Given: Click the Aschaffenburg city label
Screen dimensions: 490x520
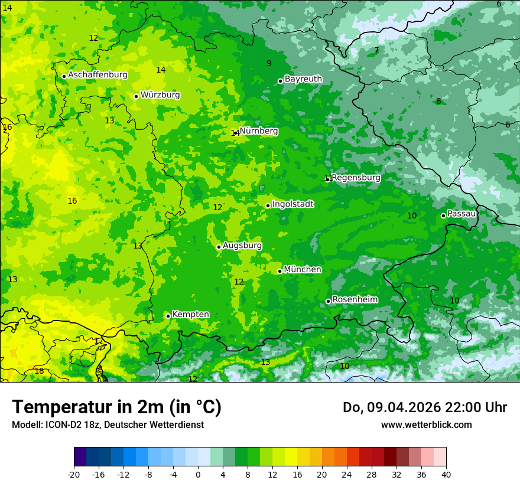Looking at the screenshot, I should point(97,75).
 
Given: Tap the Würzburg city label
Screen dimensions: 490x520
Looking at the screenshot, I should point(160,95).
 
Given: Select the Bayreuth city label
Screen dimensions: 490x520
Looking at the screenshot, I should point(303,79).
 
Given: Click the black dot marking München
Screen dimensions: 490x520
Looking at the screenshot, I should point(279,271).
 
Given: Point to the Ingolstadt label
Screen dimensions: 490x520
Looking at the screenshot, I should point(292,204).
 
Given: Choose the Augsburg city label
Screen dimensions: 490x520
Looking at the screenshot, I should point(242,246).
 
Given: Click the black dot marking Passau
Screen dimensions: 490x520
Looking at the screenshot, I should point(443,215).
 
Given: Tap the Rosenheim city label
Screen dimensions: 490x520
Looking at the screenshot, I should point(355,300).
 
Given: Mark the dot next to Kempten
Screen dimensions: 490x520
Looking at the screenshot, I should point(168,316).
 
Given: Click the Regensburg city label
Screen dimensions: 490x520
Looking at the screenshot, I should point(356,178).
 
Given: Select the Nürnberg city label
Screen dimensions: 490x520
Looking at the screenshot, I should point(259,131).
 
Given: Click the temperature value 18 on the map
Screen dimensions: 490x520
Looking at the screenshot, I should point(39,371).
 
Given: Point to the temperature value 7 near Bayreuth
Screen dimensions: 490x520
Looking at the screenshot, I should point(376,51).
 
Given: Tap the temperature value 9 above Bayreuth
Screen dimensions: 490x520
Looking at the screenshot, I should point(269,64).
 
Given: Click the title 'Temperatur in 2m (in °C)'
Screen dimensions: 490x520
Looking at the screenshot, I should point(116,407).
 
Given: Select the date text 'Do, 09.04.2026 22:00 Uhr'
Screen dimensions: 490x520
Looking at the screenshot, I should point(424,407).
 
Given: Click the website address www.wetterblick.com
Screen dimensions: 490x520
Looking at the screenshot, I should point(426,424).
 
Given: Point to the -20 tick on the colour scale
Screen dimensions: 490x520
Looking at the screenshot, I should point(74,474).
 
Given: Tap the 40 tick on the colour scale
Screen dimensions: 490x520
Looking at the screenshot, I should point(446,474).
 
